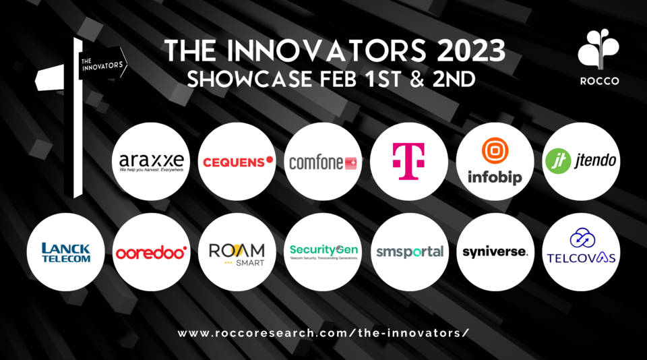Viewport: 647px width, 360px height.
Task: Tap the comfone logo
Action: pos(323,162)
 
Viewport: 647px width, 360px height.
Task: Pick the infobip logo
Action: pos(495,162)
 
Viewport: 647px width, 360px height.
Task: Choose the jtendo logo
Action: pos(581,162)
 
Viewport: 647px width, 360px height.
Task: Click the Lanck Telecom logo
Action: pos(65,252)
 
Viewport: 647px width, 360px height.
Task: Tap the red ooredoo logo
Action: pos(151,253)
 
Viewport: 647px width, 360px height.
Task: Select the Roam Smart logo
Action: pos(237,252)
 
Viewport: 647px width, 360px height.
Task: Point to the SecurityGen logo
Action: pos(323,252)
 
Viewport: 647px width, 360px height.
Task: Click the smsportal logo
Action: pos(409,252)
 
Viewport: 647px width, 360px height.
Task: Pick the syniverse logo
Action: pos(495,252)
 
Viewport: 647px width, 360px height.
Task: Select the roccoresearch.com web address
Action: pos(323,333)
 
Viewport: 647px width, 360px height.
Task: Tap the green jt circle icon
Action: pos(555,162)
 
